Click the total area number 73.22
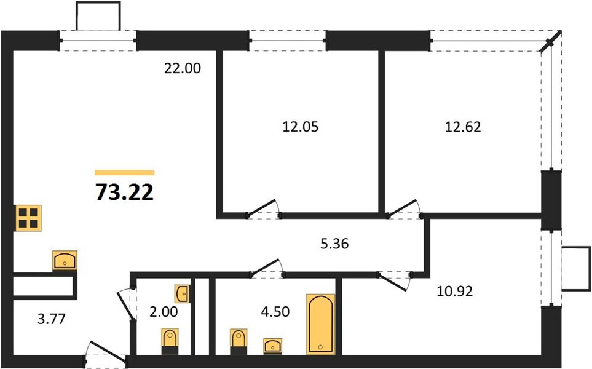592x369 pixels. [125, 192]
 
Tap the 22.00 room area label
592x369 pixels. [183, 68]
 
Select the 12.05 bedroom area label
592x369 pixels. [301, 127]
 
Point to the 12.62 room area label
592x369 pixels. [464, 127]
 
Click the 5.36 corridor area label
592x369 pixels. [334, 244]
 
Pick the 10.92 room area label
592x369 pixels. [454, 291]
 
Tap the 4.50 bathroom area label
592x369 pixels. [275, 312]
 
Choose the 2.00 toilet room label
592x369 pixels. [164, 312]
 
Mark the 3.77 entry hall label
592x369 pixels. [52, 319]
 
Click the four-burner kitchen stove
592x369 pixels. [28, 218]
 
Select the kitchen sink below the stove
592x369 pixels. [65, 261]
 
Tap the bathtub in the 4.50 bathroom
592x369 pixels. [320, 324]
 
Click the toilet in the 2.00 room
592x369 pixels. [170, 341]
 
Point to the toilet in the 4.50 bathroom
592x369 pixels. [239, 341]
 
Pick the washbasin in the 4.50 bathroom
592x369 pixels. [272, 346]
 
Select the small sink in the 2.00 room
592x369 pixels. [183, 293]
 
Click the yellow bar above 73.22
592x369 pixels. [125, 173]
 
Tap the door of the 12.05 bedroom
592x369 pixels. [262, 208]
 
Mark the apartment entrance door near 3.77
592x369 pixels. [106, 353]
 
